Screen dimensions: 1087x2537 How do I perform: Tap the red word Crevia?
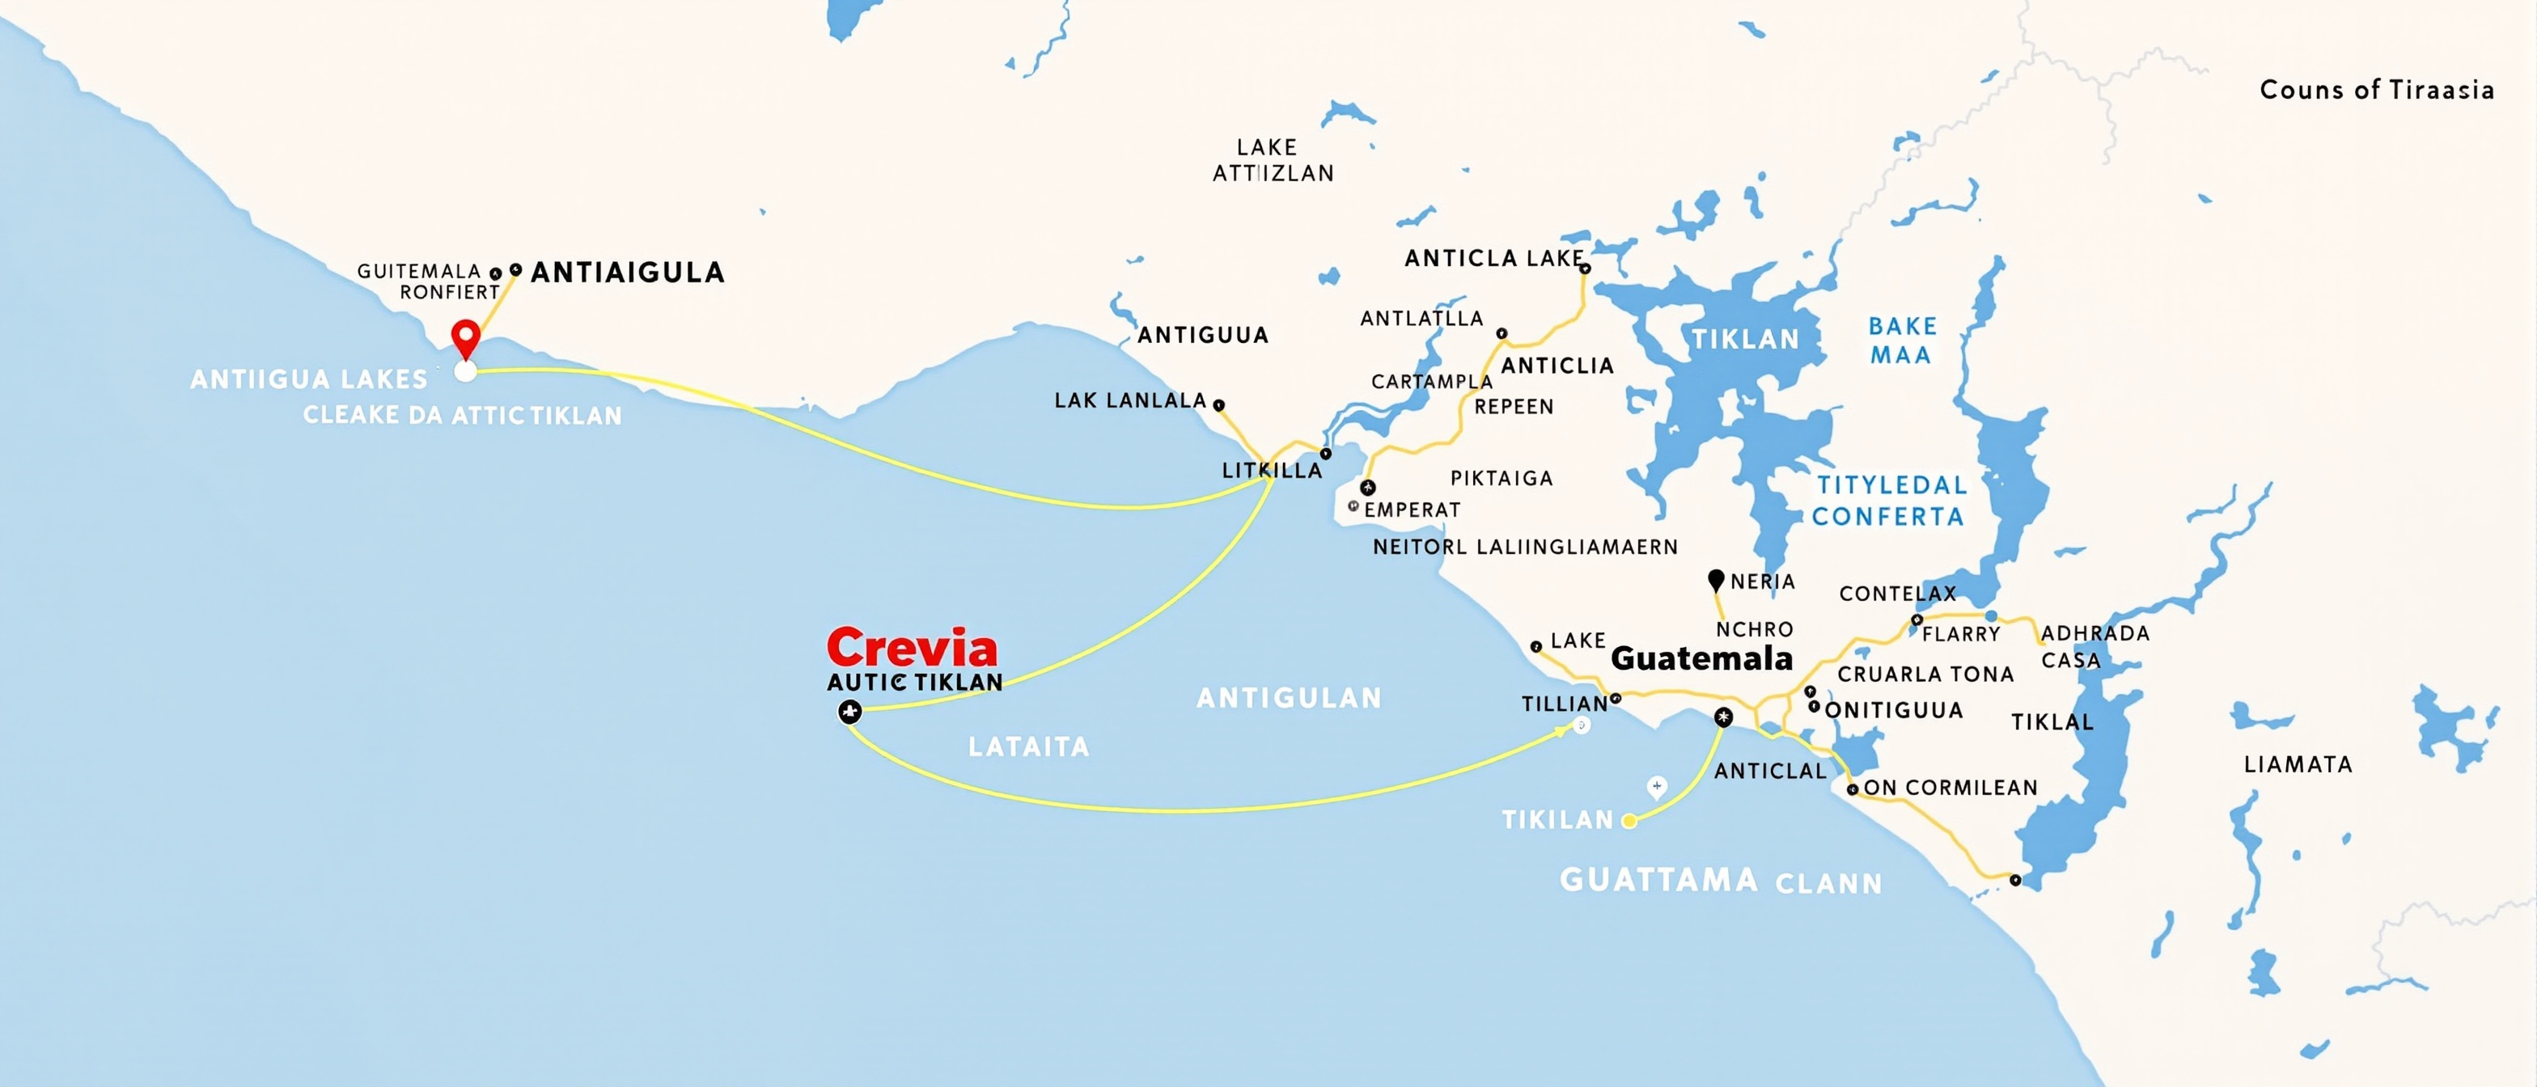(x=912, y=648)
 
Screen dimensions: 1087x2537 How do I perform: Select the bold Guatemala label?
(x=1701, y=658)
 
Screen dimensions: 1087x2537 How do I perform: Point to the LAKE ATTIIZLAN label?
(x=1273, y=160)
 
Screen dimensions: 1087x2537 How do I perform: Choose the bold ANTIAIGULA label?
(x=627, y=273)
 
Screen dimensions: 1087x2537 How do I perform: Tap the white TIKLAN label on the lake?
(x=1745, y=340)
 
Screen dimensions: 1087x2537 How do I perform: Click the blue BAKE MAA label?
(x=1902, y=340)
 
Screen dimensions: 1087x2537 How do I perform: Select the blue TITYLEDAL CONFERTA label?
(x=1889, y=500)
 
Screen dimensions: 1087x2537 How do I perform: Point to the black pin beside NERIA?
(x=1716, y=580)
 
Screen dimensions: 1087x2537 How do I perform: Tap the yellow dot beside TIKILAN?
(x=1629, y=820)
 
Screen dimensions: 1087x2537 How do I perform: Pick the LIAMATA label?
(x=2298, y=765)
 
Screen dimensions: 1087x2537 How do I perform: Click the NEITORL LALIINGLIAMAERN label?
(x=1525, y=548)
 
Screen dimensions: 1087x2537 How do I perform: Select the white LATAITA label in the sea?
(x=1028, y=747)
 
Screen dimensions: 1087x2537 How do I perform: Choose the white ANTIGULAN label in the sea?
(x=1288, y=699)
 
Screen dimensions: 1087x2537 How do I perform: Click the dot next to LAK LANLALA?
(x=1218, y=404)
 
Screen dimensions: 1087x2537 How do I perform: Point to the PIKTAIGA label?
(x=1501, y=479)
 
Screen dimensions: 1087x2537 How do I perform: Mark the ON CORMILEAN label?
(x=1949, y=788)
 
